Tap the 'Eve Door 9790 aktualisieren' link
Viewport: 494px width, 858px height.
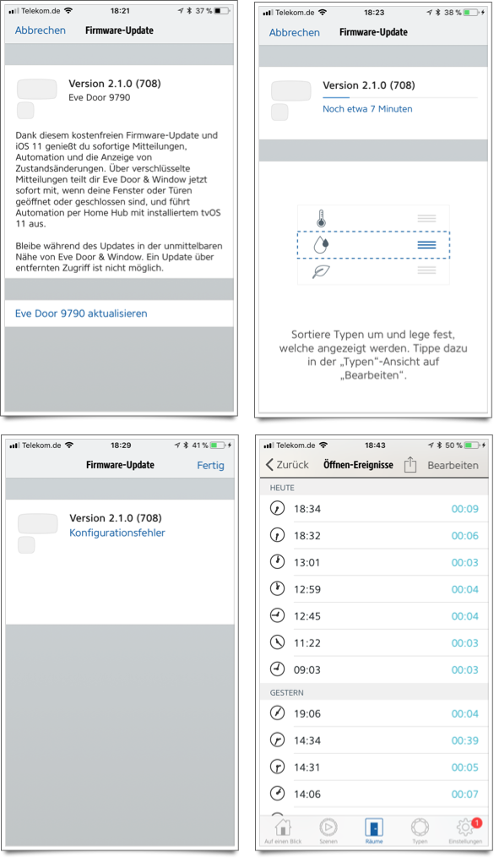81,314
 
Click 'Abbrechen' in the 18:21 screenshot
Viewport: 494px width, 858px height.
40,30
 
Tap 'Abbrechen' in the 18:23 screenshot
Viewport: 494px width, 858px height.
294,33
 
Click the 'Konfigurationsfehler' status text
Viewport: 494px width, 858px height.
117,533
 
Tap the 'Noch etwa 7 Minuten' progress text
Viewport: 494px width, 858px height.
367,109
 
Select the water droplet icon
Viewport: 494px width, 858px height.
322,244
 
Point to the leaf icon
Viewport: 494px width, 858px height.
321,271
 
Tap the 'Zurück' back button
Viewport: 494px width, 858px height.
287,465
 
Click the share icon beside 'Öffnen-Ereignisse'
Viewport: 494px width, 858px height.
410,465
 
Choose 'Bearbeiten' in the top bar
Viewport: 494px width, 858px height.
453,465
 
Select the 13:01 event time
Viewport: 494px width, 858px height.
307,562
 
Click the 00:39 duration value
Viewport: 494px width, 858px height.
465,741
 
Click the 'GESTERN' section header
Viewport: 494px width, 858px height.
286,693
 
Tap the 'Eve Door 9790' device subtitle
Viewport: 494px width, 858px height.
100,97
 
